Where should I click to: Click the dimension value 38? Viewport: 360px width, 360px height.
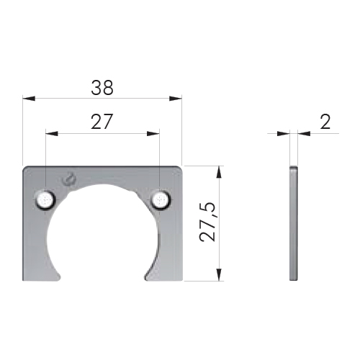point(102,88)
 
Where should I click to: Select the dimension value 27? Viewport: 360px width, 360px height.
point(102,122)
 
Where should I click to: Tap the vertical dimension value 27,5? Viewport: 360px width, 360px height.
point(207,222)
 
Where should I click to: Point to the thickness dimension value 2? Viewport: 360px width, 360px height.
point(325,122)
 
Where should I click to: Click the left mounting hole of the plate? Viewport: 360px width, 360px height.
point(45,200)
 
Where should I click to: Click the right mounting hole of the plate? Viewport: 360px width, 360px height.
point(161,200)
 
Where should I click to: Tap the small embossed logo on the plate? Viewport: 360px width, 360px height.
point(69,179)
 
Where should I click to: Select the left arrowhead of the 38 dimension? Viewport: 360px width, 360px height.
point(29,98)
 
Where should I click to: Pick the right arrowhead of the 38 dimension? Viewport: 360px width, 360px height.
point(176,98)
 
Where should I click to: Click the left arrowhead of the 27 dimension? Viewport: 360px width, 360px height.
point(52,133)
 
